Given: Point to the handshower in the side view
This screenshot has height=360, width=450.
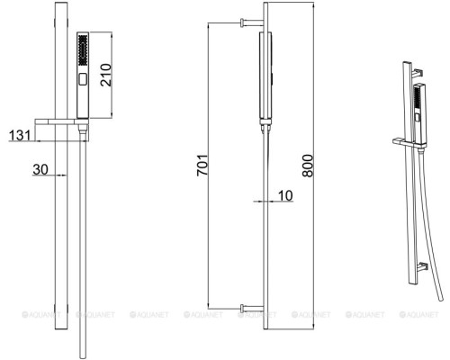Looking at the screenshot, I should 266,76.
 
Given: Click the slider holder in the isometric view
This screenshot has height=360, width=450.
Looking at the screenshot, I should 405,141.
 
